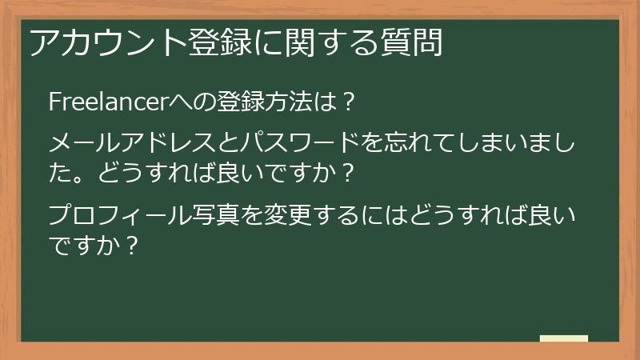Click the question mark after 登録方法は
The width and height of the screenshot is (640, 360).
tap(346, 102)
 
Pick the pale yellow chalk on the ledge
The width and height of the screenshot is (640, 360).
tap(564, 338)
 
